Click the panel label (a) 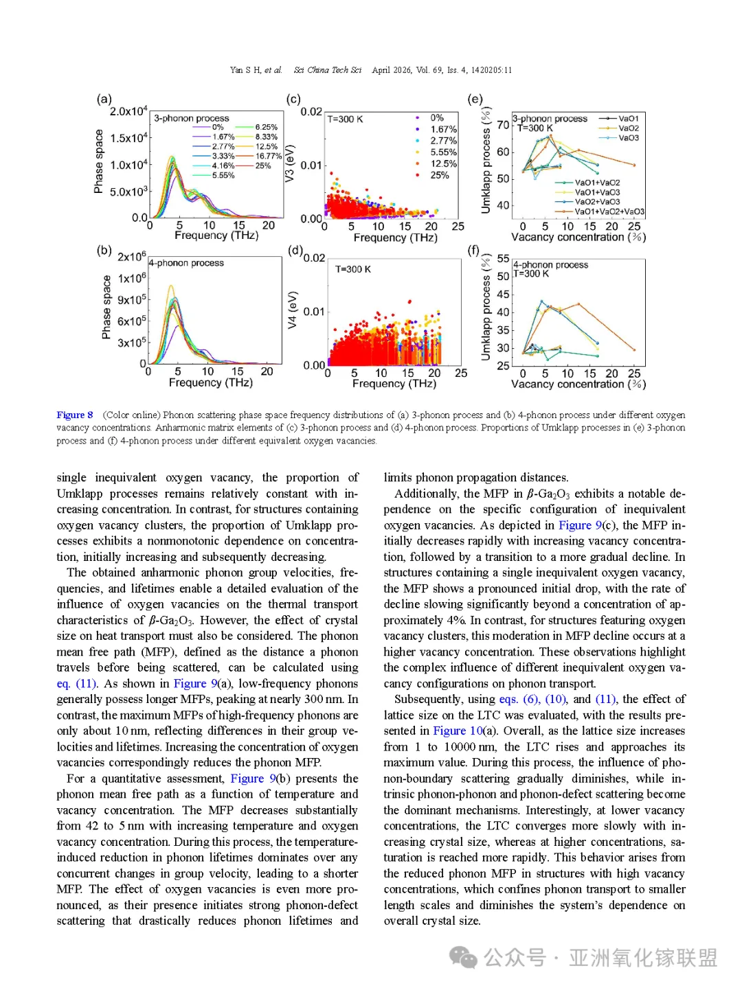(x=104, y=99)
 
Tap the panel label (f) (x=474, y=251)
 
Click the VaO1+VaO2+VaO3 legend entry (x=609, y=211)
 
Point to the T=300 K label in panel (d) (x=353, y=269)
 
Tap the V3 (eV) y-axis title (x=290, y=163)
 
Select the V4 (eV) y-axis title (x=293, y=310)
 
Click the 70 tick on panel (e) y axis (x=503, y=125)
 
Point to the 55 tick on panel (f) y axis (x=503, y=259)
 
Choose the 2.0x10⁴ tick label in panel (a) (x=128, y=111)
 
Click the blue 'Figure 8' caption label (x=75, y=415)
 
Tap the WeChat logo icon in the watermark (x=463, y=957)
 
